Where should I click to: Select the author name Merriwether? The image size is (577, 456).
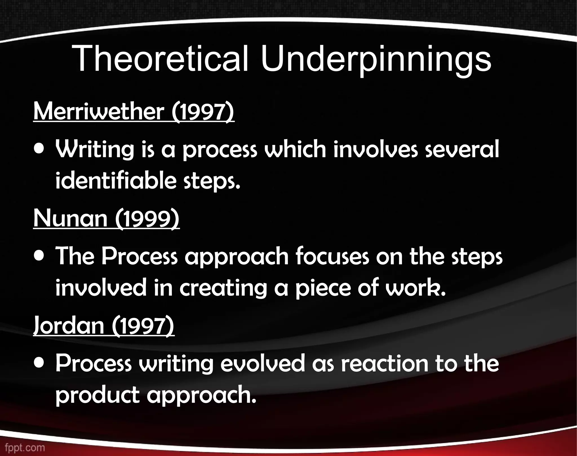pos(99,112)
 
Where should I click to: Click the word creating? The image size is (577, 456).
pos(223,288)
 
